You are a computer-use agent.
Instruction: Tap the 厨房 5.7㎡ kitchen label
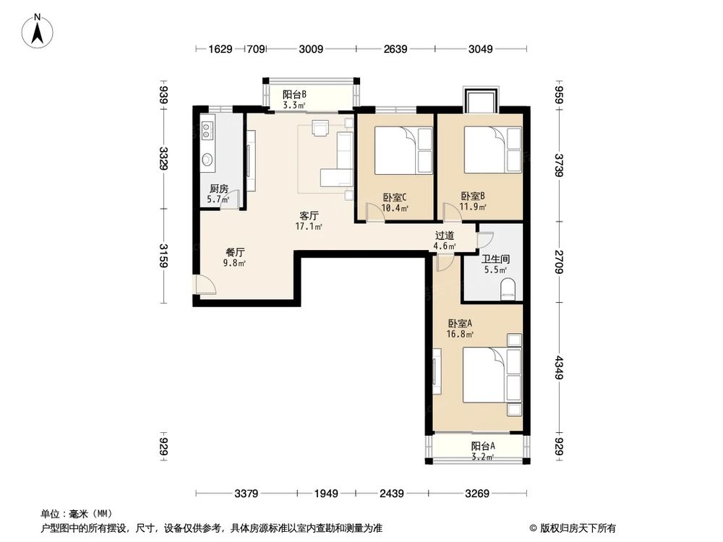click(219, 194)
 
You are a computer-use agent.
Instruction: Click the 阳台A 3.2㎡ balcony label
click(482, 451)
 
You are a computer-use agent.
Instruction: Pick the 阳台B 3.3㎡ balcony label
click(294, 99)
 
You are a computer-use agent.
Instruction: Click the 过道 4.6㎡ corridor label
click(445, 241)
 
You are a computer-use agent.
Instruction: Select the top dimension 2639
click(395, 49)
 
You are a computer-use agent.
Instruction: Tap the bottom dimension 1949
click(326, 494)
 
